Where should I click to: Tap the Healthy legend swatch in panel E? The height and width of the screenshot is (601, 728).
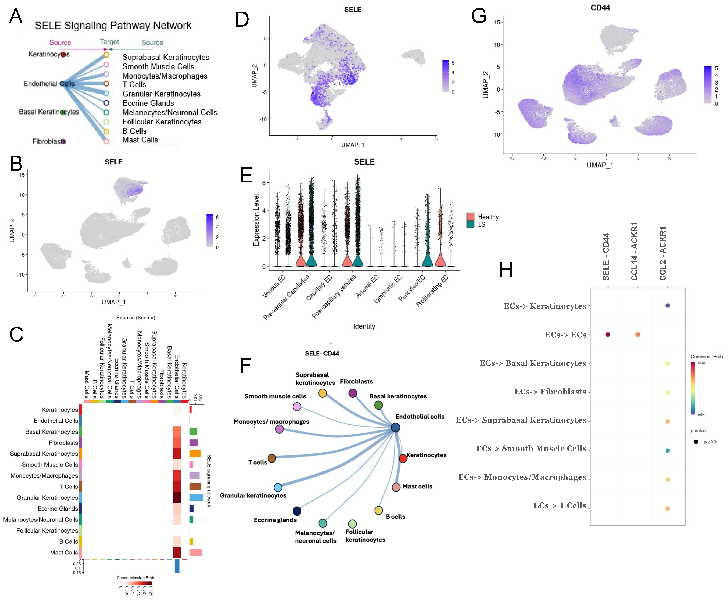(470, 217)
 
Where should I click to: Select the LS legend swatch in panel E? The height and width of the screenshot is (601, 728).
(470, 224)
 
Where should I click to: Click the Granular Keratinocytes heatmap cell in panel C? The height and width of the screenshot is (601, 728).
(177, 498)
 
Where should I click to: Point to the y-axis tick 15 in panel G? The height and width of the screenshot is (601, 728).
(497, 22)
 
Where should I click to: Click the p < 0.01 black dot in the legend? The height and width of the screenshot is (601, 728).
(695, 442)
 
